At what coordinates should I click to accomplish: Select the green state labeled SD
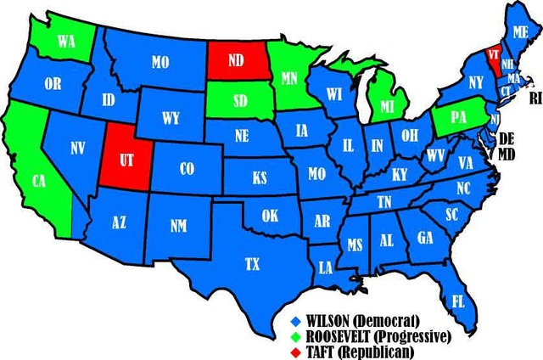tap(230, 99)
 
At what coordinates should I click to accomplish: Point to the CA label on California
tap(38, 181)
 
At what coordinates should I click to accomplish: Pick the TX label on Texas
tap(252, 264)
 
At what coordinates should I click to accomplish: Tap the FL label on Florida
tap(457, 301)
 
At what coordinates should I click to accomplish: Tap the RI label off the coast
tap(535, 98)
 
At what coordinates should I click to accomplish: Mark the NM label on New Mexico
tap(178, 226)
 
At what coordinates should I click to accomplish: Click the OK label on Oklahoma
tap(270, 216)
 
